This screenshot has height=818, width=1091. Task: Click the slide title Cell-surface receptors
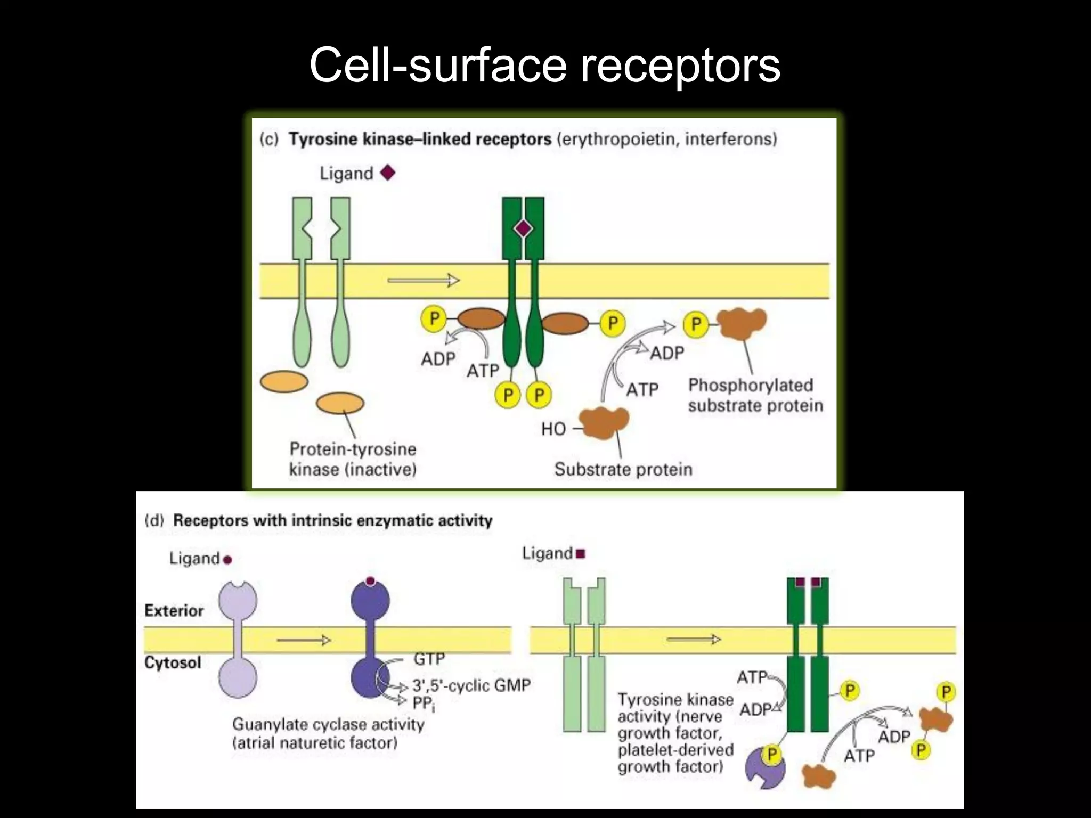point(544,65)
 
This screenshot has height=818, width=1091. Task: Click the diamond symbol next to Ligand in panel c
point(388,173)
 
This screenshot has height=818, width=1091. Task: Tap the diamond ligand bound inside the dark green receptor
point(523,229)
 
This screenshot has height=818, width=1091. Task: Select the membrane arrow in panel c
point(424,280)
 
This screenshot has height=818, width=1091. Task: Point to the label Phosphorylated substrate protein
point(754,395)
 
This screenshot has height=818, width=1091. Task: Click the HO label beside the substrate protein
point(553,429)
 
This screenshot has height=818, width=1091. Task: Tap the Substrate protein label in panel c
point(623,469)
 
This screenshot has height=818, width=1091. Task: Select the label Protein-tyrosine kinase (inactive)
point(353,459)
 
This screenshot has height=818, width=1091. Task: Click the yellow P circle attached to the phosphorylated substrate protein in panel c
point(696,324)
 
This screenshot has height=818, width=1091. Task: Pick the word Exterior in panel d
point(174,610)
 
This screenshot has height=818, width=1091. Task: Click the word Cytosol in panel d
point(173,663)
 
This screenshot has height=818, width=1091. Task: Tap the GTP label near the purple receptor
point(429,659)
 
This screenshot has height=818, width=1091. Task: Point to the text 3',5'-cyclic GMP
point(471,685)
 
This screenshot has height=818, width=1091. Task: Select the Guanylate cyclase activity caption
point(328,725)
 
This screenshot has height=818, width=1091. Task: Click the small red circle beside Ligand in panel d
point(227,560)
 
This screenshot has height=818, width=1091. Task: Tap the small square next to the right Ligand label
point(581,554)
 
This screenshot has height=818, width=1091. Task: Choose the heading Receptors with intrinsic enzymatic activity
point(332,520)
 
